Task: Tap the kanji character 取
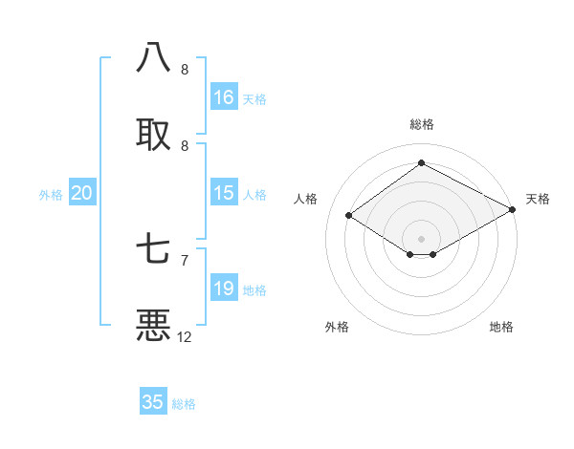[x=154, y=133]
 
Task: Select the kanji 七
[x=154, y=249]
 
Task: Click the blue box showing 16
[x=224, y=97]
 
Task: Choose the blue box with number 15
[x=224, y=193]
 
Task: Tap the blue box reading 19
[x=224, y=289]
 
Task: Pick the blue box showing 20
[x=82, y=193]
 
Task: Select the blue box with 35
[x=153, y=402]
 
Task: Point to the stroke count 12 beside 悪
[x=185, y=336]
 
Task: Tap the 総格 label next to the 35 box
[x=185, y=404]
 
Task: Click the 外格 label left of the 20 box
[x=51, y=195]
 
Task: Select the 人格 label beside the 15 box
[x=254, y=195]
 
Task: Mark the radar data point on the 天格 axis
[x=513, y=209]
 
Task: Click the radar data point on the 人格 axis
[x=349, y=215]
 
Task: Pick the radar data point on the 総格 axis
[x=422, y=163]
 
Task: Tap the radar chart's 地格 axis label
[x=501, y=327]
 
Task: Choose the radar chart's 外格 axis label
[x=337, y=327]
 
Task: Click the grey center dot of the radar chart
[x=422, y=238]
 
